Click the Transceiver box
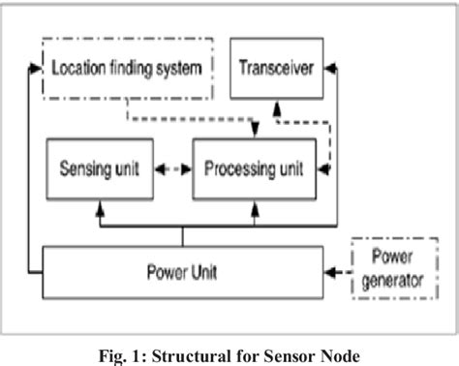tap(276, 69)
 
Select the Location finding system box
tap(128, 69)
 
